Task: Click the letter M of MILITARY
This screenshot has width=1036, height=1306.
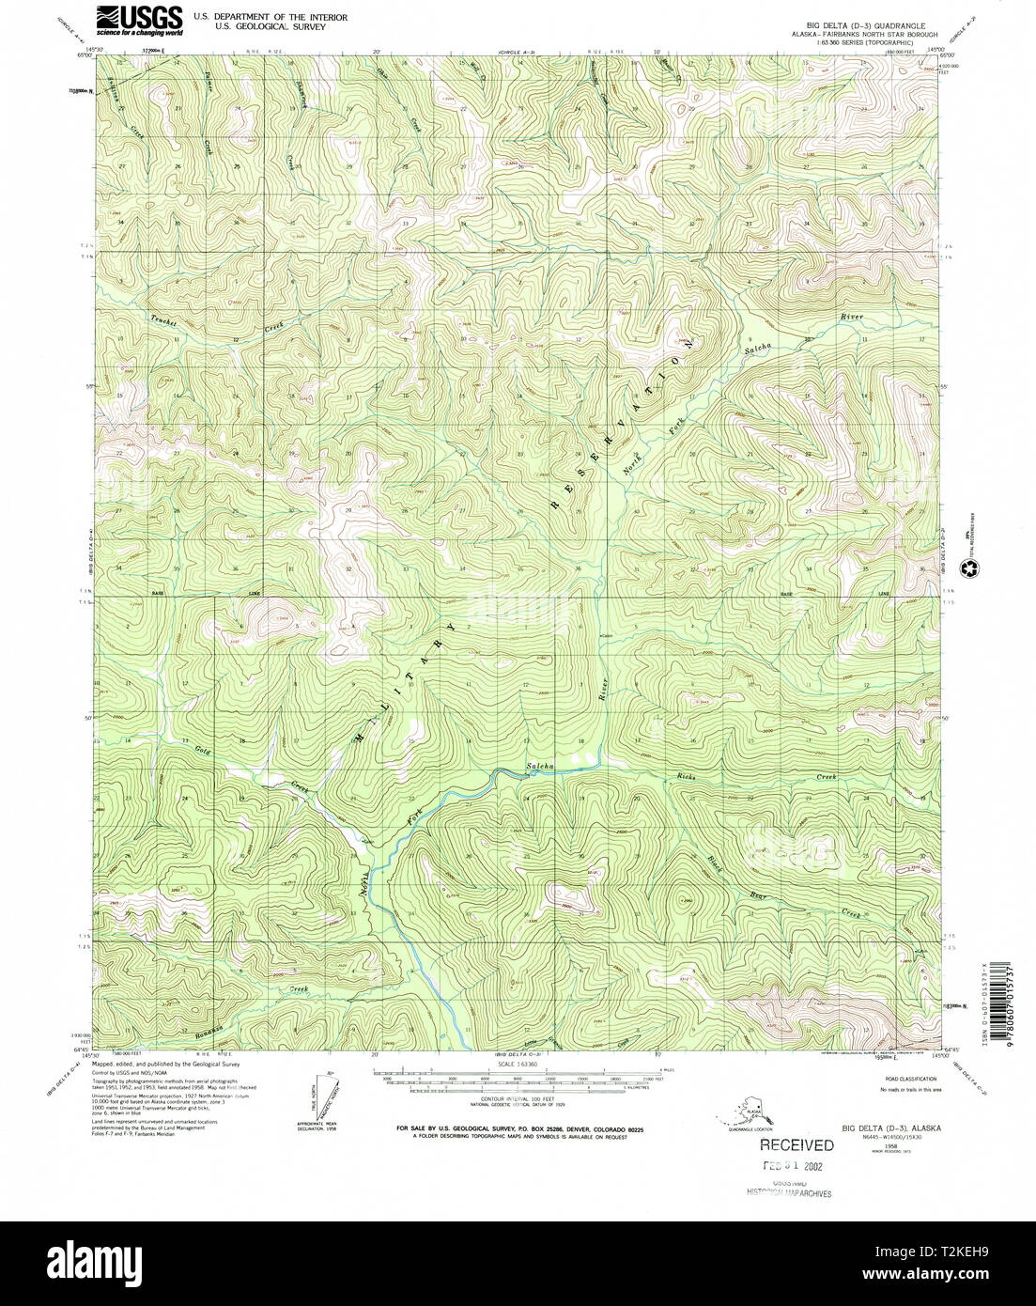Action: coord(361,739)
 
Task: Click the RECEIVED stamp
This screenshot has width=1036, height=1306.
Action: coord(796,1144)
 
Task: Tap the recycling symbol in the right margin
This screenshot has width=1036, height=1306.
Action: coord(967,567)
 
